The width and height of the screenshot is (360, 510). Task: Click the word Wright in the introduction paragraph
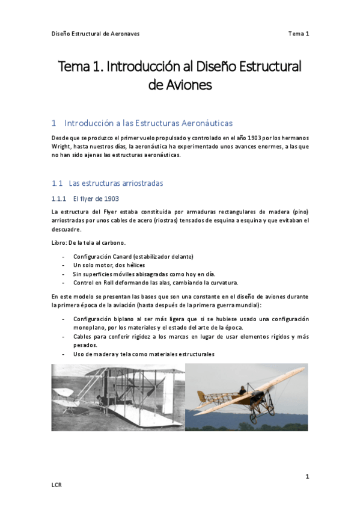(61, 146)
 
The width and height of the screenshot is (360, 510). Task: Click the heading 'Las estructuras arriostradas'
(115, 183)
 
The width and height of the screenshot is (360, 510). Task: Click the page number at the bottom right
(307, 477)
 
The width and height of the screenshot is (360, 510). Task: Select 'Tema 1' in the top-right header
(298, 34)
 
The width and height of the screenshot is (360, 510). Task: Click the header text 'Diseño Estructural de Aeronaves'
(96, 34)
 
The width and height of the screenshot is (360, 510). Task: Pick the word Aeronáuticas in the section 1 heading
(203, 123)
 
